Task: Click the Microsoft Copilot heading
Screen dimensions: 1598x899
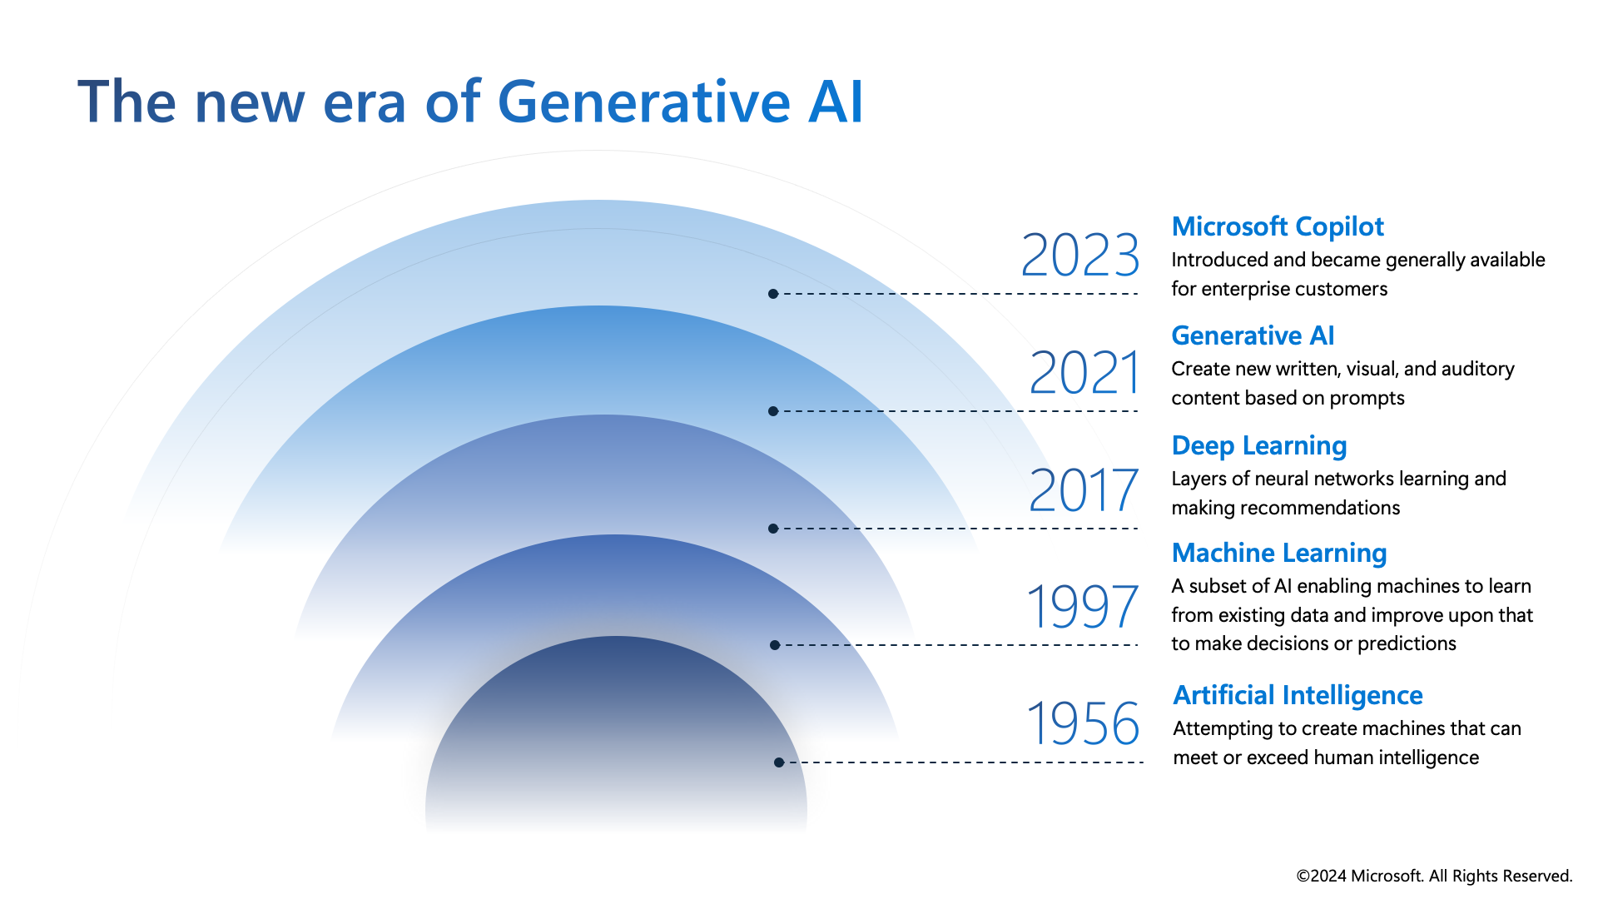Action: click(x=1278, y=226)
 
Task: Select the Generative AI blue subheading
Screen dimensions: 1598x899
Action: click(x=1253, y=335)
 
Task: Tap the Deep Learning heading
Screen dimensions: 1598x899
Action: click(x=1259, y=446)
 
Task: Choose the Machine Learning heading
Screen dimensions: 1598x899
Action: click(x=1279, y=554)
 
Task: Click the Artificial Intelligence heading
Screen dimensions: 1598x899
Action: click(x=1298, y=696)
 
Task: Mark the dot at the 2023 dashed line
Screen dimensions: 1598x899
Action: click(x=773, y=294)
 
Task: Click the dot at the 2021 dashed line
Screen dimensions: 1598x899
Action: click(x=773, y=411)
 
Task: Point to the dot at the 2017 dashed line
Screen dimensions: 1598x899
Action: click(x=773, y=529)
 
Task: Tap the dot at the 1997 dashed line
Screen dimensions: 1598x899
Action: click(x=775, y=645)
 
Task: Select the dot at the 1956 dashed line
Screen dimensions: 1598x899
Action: click(x=779, y=762)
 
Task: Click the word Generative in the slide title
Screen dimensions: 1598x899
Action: click(x=643, y=102)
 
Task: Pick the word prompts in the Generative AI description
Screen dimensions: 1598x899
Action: click(x=1367, y=399)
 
